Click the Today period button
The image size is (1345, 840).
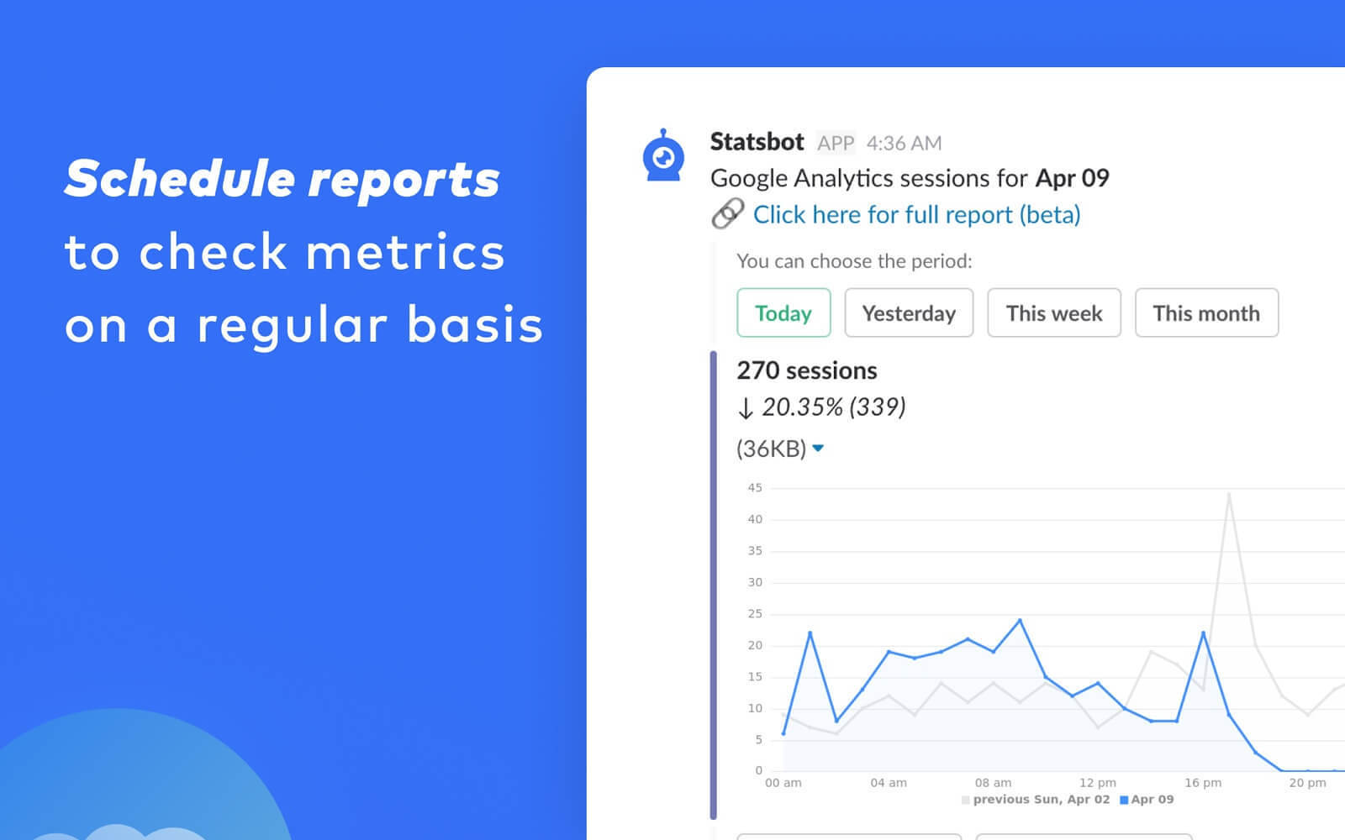click(783, 312)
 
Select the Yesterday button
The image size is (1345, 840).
click(909, 312)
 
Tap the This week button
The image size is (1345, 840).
click(1054, 312)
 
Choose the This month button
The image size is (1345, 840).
click(1206, 312)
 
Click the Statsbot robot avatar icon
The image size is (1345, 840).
click(663, 155)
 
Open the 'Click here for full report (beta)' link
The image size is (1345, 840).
click(916, 215)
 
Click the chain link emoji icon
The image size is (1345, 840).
click(727, 213)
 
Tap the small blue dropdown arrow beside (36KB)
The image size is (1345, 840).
click(818, 448)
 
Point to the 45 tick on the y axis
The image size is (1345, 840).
click(755, 488)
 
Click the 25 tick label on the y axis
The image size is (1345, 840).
click(755, 614)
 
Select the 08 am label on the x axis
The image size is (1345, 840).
click(993, 782)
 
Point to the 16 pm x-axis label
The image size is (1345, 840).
click(1203, 782)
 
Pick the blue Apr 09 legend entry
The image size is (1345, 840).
click(1147, 799)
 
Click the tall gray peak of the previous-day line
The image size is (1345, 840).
click(1229, 494)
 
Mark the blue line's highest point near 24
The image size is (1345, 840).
click(1020, 620)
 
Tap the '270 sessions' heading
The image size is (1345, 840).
click(806, 370)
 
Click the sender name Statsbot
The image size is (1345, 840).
click(757, 142)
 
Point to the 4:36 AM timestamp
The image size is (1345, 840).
click(904, 144)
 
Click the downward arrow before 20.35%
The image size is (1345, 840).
click(745, 408)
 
